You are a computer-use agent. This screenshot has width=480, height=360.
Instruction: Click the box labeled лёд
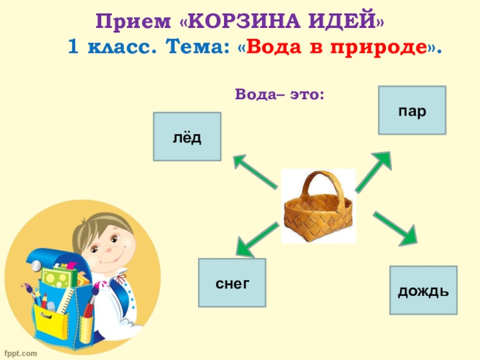(187, 137)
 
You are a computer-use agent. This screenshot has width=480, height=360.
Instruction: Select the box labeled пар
(412, 110)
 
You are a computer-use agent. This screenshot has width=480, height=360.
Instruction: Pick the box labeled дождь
(423, 290)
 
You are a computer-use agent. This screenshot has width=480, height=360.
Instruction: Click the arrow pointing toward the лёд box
(254, 172)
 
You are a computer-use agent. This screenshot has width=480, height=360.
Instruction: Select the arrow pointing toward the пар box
(374, 171)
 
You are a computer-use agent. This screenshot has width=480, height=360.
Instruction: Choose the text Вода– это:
(280, 94)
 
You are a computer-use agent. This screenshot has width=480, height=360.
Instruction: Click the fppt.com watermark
(20, 353)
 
